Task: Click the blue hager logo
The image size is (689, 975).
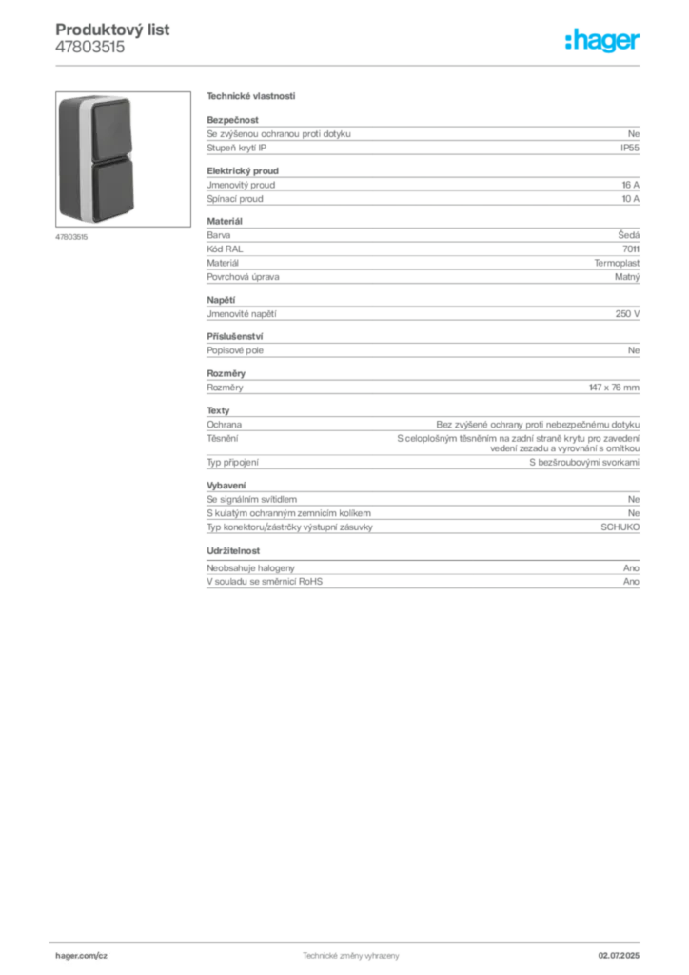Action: click(x=603, y=41)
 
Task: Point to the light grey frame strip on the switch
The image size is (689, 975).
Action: click(x=86, y=157)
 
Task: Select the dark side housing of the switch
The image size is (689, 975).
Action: click(x=67, y=157)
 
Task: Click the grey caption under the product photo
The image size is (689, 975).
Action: click(x=72, y=237)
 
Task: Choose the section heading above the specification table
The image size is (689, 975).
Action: click(x=251, y=96)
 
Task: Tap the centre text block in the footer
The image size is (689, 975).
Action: click(x=348, y=953)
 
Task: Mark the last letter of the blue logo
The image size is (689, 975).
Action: click(x=638, y=42)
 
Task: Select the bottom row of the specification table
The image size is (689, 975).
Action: click(x=423, y=583)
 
